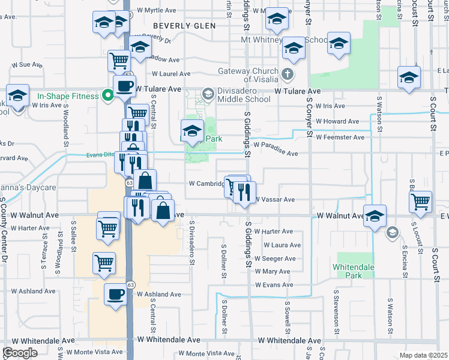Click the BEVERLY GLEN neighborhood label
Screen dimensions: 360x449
180,26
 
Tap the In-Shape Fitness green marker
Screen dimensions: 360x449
107,95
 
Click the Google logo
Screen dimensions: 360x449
20,352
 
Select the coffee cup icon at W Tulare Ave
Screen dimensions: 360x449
124,85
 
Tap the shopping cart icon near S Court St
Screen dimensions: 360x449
421,201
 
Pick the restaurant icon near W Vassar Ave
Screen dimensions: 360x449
244,192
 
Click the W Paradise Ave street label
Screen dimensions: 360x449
276,153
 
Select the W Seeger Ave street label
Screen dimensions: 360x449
275,259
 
